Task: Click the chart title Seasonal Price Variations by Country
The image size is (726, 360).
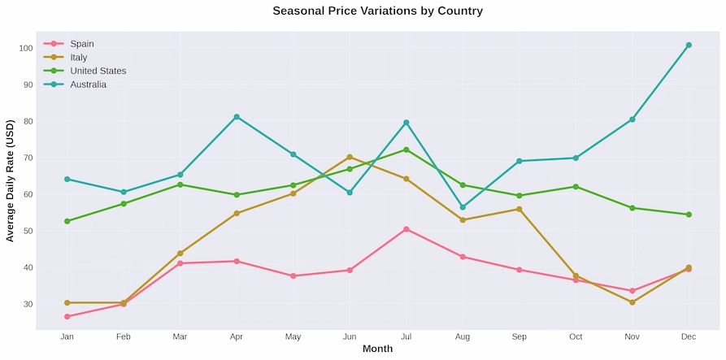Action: pos(377,11)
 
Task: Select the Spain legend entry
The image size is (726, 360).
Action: pos(81,44)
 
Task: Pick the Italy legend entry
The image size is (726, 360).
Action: pos(78,58)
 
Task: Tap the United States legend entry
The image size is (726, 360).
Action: pos(98,71)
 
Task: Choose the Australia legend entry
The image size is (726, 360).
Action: pos(88,85)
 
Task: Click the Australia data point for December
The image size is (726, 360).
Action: pos(689,46)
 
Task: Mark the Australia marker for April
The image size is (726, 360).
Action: pos(237,117)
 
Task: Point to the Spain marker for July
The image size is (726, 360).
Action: pos(406,229)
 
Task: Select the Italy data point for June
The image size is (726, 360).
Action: pos(350,157)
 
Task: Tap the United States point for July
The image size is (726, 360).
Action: pos(406,150)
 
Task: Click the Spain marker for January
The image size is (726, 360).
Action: pos(67,316)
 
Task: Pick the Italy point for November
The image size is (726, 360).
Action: pos(632,302)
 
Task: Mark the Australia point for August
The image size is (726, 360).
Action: pos(463,207)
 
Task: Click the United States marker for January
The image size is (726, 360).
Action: pos(67,221)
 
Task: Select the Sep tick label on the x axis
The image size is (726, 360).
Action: pos(519,336)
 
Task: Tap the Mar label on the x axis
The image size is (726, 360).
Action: pos(180,336)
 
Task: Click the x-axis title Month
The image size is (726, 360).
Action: pos(377,349)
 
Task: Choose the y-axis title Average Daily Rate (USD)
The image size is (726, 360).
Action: pos(11,180)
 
